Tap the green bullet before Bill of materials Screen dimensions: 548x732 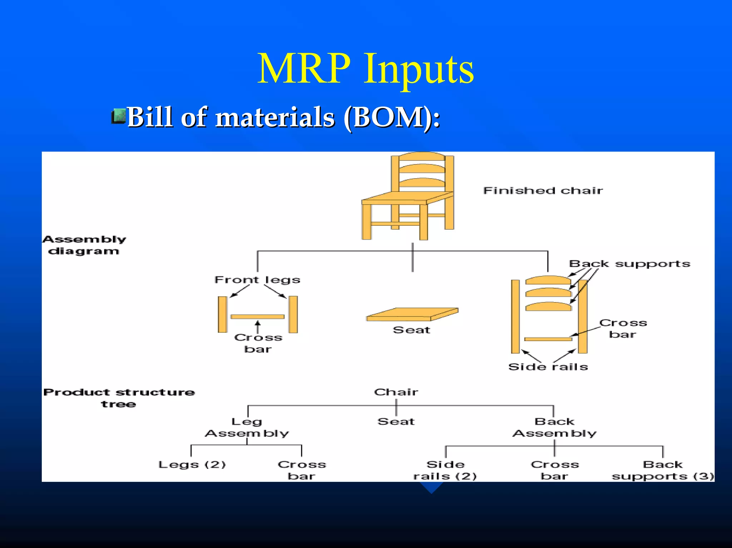tap(119, 116)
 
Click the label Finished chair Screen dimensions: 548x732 tap(543, 190)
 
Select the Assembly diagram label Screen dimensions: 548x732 tap(84, 245)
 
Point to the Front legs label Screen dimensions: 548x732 tap(257, 280)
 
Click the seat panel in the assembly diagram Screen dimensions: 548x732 tap(412, 314)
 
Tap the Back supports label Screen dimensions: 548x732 tap(629, 264)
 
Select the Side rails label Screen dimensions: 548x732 tap(548, 367)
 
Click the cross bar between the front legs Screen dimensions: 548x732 tap(257, 317)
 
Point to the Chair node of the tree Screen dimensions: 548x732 tap(396, 392)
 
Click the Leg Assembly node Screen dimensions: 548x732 tap(247, 428)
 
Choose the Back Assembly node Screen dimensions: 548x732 tap(554, 428)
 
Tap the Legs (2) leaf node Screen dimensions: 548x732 tap(192, 465)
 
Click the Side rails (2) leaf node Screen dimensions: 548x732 tap(445, 470)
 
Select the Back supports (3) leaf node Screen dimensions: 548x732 tap(662, 470)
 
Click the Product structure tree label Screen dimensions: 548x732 tap(119, 398)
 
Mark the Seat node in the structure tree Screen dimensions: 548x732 tap(396, 422)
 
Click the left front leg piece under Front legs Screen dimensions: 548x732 tap(222, 314)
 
